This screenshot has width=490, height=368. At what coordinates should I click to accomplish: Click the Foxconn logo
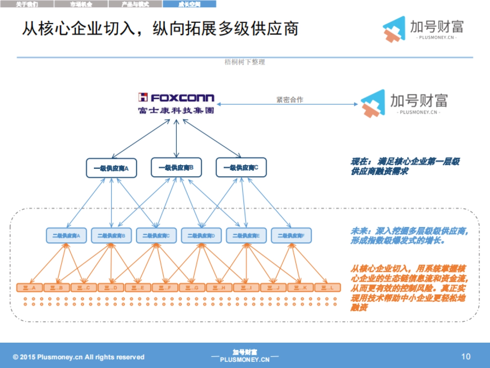pos(176,103)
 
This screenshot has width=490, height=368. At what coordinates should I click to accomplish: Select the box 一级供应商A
pos(111,168)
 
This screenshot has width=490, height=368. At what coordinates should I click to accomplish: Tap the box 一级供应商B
pos(176,168)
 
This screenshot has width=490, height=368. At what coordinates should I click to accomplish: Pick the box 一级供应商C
pos(241,168)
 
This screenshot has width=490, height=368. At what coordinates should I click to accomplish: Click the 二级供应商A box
pos(66,236)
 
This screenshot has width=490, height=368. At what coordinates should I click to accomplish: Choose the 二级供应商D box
pos(201,236)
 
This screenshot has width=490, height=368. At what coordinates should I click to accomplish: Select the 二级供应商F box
pos(291,236)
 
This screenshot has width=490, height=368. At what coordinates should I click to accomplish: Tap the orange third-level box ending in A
pos(30,288)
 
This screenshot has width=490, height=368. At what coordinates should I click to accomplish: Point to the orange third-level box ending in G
pos(192,288)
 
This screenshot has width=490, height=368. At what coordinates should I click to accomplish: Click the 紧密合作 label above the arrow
pos(290,100)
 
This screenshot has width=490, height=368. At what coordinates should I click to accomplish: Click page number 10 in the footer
pos(465,357)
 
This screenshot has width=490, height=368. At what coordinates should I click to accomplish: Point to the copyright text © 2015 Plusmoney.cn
pos(79,357)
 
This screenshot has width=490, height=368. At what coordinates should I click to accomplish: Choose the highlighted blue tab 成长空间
pos(189,4)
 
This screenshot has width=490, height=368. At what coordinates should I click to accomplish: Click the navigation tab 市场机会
pos(81,4)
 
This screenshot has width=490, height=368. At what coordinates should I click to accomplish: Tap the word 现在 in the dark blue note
pos(358,162)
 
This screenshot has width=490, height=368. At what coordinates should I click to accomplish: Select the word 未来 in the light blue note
pos(358,231)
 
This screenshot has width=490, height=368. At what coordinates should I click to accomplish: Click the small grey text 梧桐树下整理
pos(245,62)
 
